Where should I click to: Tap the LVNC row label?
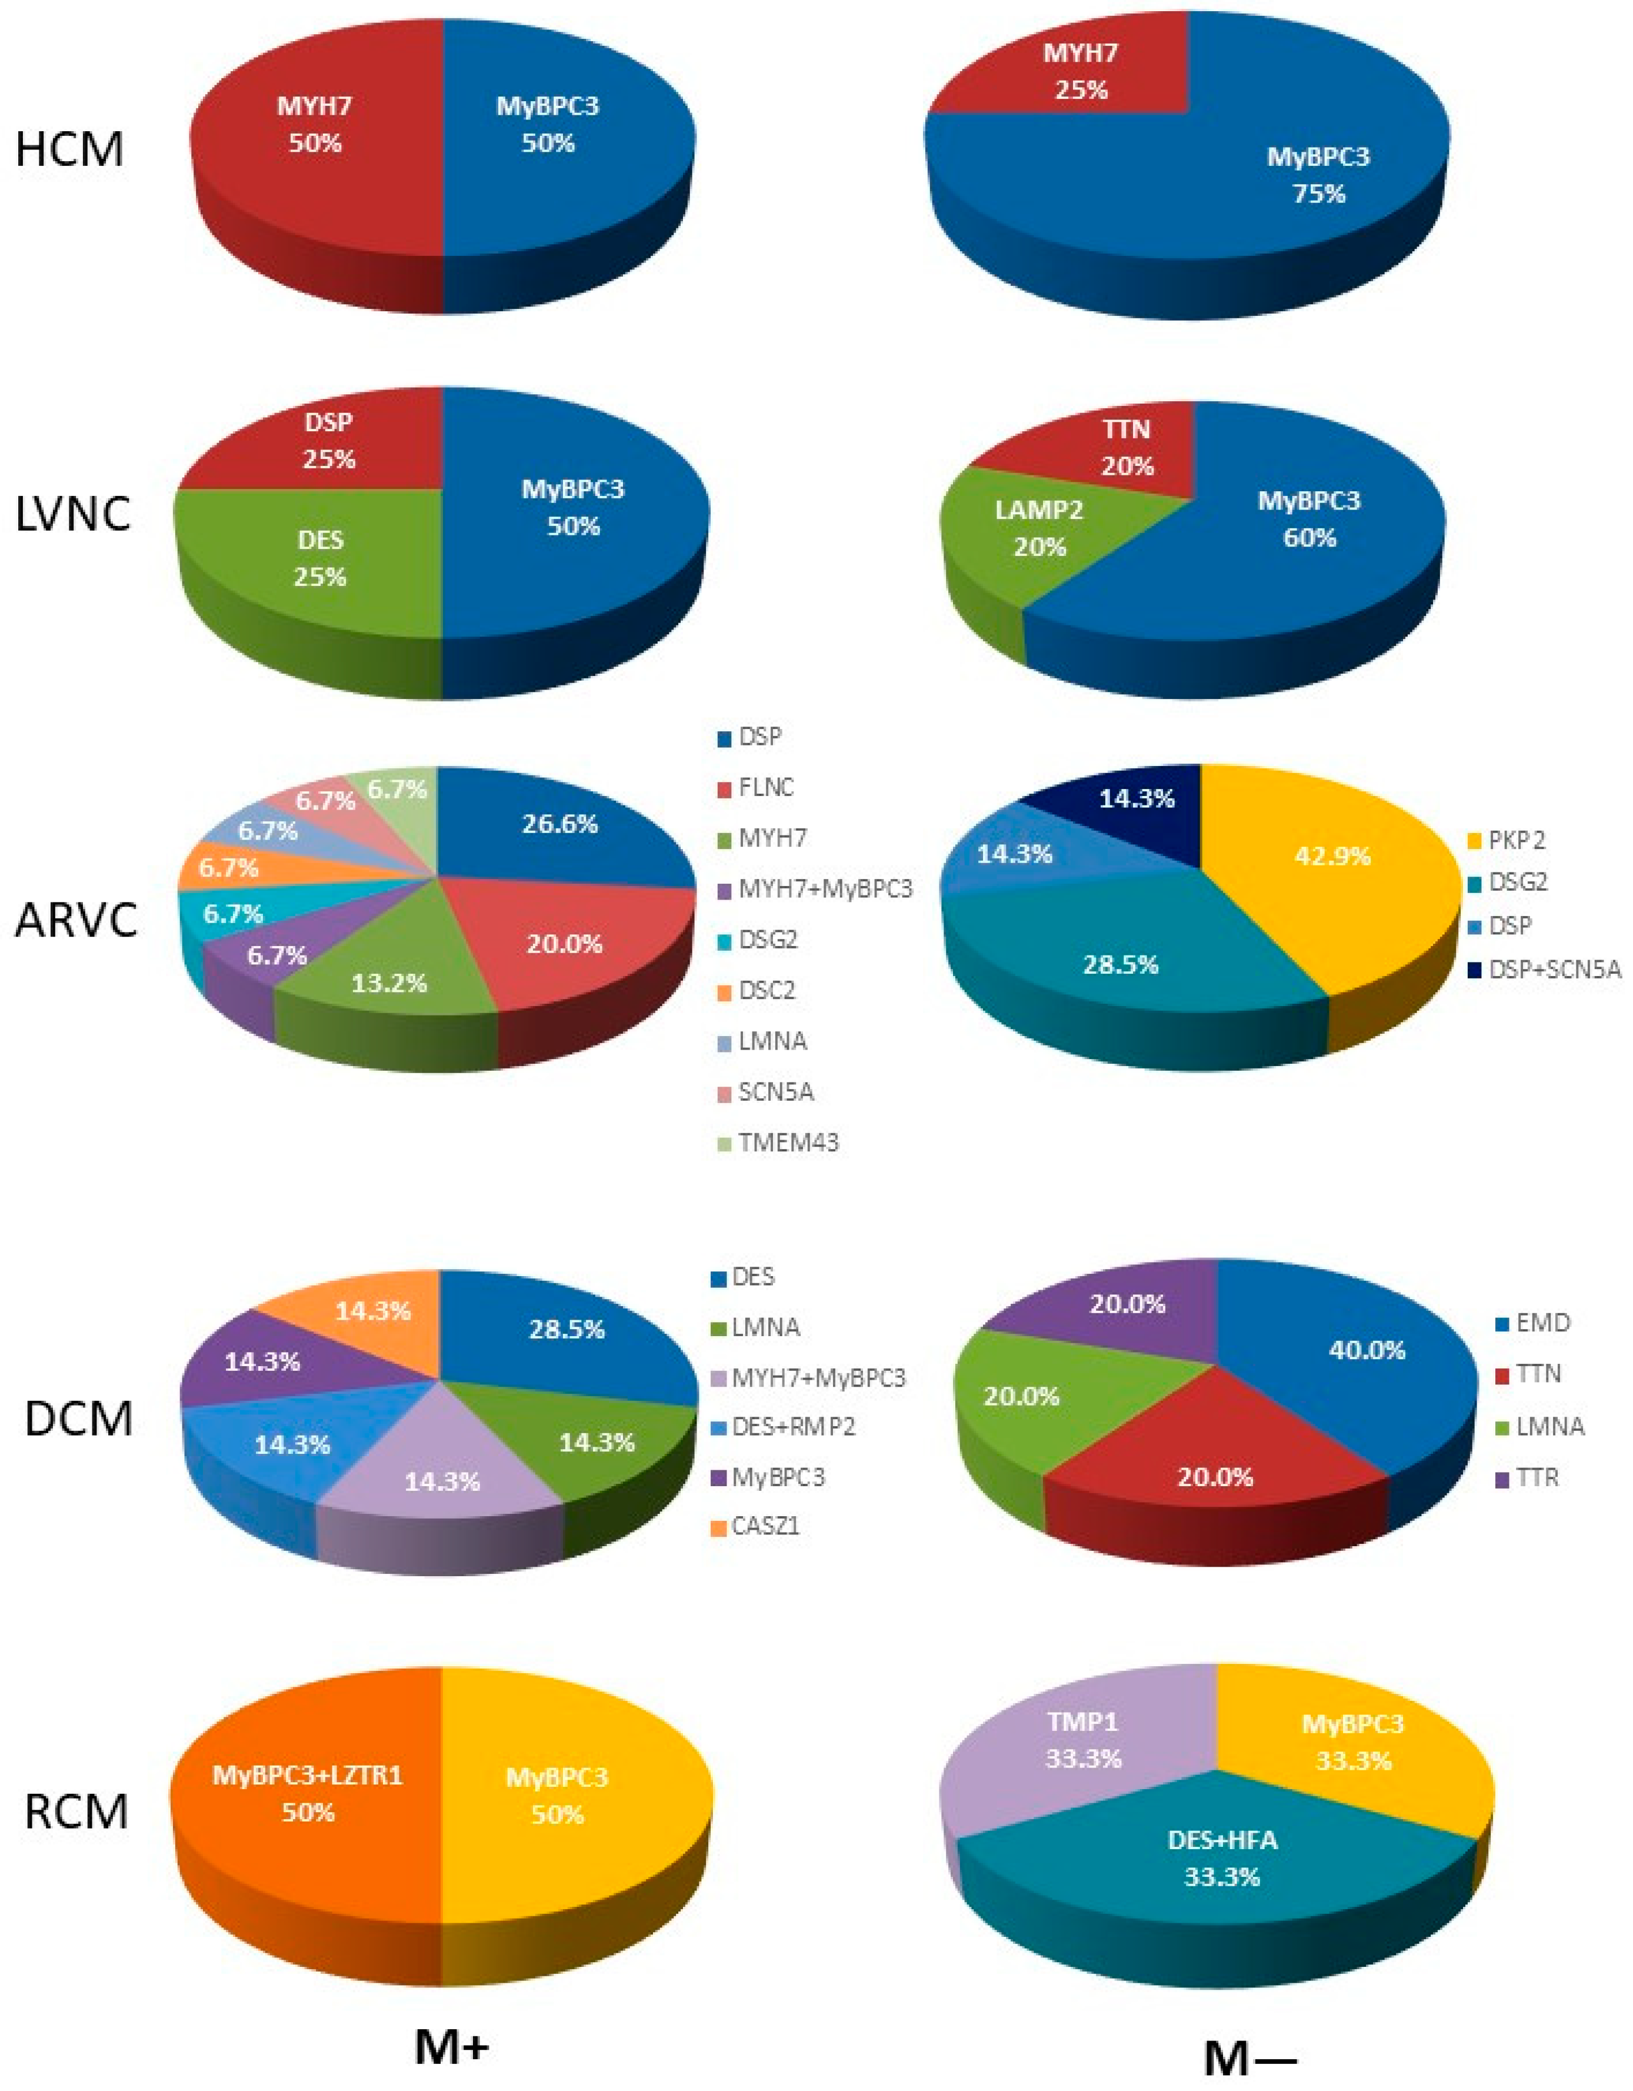click(73, 515)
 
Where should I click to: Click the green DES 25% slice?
click(319, 558)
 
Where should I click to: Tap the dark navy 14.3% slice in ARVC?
click(1136, 800)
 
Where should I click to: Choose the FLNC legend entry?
click(765, 788)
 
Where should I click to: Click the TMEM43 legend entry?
click(787, 1142)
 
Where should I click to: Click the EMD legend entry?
click(1542, 1323)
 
